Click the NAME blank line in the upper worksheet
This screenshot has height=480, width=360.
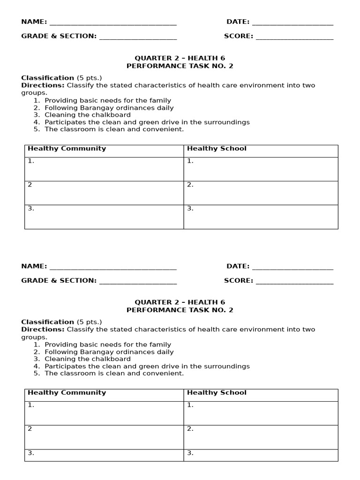(x=112, y=22)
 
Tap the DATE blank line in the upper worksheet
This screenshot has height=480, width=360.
(x=292, y=22)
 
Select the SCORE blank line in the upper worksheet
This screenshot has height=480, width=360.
(x=294, y=37)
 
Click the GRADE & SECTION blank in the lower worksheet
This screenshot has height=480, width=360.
(x=138, y=281)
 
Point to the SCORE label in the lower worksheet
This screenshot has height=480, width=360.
(x=238, y=280)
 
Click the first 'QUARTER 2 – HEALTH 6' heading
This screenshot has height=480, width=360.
(x=180, y=58)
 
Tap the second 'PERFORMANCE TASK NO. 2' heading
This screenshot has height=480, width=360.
(x=180, y=310)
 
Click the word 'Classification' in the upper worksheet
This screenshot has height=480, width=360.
(x=47, y=78)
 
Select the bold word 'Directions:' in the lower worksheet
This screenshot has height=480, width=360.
(x=43, y=330)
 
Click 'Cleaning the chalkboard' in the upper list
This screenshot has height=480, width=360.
(x=88, y=115)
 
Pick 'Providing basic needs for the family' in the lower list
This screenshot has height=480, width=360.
(x=108, y=345)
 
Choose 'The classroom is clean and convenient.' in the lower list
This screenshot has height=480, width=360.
(x=114, y=373)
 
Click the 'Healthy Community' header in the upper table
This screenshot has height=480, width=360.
(x=67, y=149)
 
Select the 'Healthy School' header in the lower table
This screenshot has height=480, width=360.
(x=217, y=393)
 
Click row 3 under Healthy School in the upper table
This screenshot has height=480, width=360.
(x=261, y=217)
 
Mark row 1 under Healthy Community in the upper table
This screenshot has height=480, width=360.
(x=104, y=169)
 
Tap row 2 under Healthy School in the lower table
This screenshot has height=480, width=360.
(x=261, y=437)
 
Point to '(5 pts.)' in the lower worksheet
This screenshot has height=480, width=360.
(x=89, y=322)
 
